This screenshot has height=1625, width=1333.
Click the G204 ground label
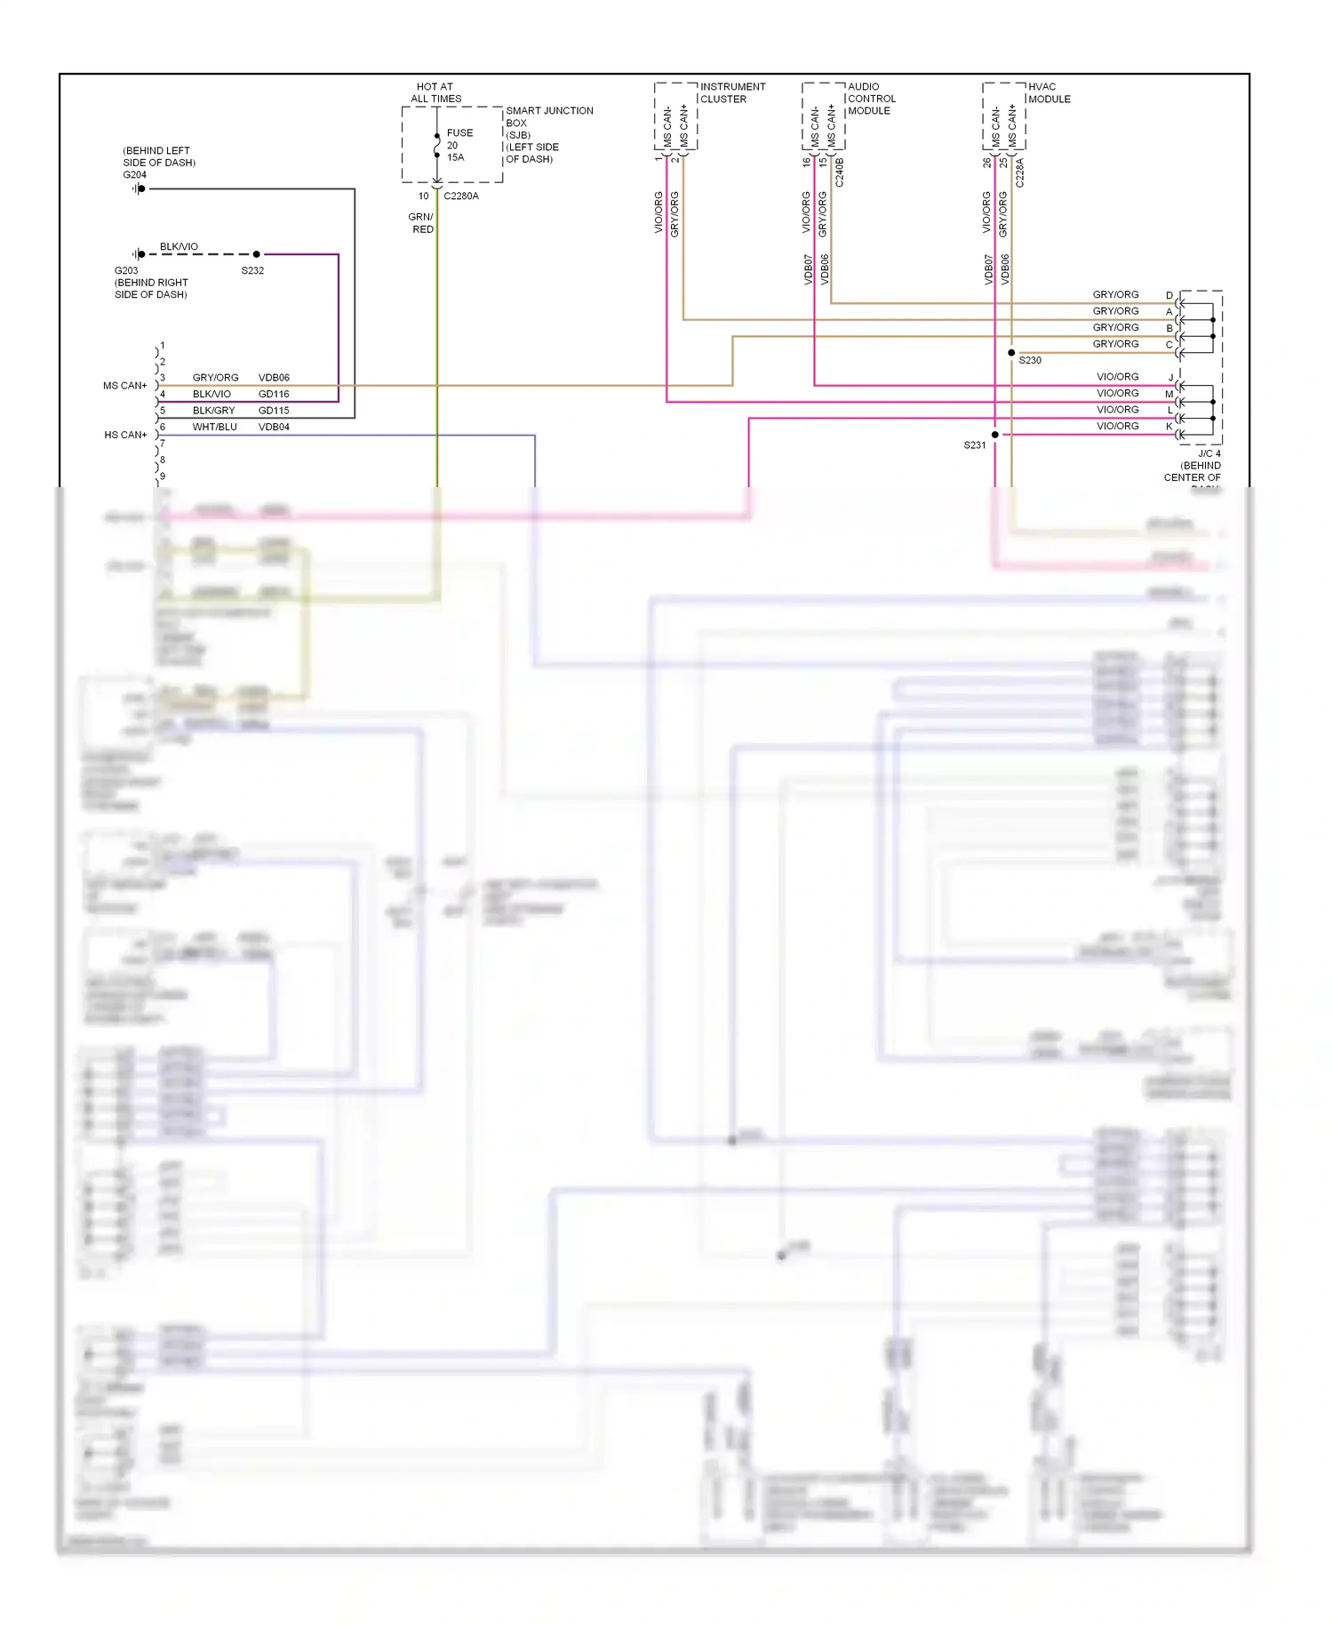[134, 175]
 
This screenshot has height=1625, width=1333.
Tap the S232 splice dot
[257, 254]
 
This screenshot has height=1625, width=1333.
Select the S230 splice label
[1030, 361]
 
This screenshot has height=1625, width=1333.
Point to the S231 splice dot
[995, 435]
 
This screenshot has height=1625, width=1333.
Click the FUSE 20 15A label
[459, 145]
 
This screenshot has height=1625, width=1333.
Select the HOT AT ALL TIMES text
[435, 93]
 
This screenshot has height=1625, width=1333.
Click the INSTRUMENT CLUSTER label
[732, 92]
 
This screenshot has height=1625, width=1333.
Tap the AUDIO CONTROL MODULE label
[871, 99]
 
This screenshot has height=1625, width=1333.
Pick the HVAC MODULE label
[1049, 92]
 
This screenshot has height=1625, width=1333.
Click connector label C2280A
[461, 196]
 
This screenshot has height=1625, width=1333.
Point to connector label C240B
[840, 172]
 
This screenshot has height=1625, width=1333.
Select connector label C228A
[1020, 172]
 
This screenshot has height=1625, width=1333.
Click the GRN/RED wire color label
[421, 223]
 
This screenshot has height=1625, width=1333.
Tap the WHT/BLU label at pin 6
[214, 427]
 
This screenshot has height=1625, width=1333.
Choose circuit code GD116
[274, 394]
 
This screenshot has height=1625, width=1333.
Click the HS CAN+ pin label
[125, 435]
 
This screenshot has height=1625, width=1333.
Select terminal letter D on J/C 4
[1169, 295]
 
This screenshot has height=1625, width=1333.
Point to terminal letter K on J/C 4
[1169, 427]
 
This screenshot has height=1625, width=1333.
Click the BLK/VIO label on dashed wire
[179, 246]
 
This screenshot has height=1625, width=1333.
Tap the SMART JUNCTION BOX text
[548, 116]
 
